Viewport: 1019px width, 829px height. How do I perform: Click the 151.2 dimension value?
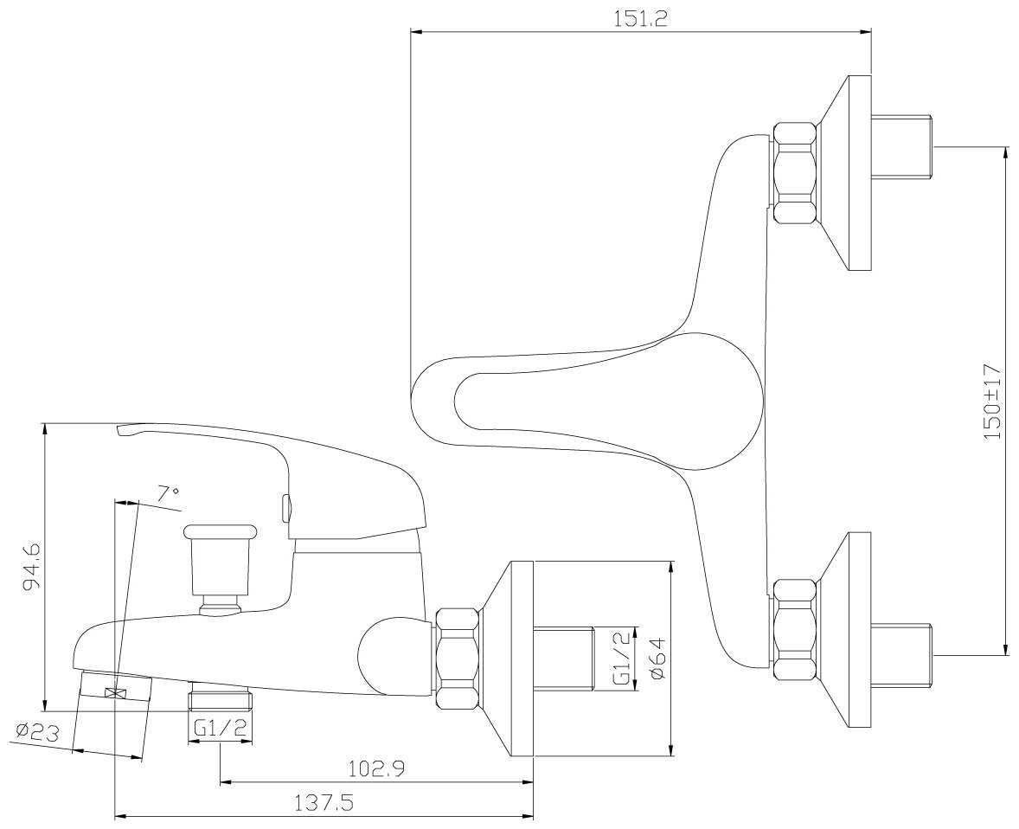640,18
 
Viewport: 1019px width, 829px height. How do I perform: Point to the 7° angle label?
169,493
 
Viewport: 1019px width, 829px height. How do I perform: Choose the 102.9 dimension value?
377,769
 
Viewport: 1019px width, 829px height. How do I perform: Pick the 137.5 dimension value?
325,804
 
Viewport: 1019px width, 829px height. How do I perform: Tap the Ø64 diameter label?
657,659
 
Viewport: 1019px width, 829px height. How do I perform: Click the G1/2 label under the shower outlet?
220,729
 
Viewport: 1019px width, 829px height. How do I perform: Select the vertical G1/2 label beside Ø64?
621,658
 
